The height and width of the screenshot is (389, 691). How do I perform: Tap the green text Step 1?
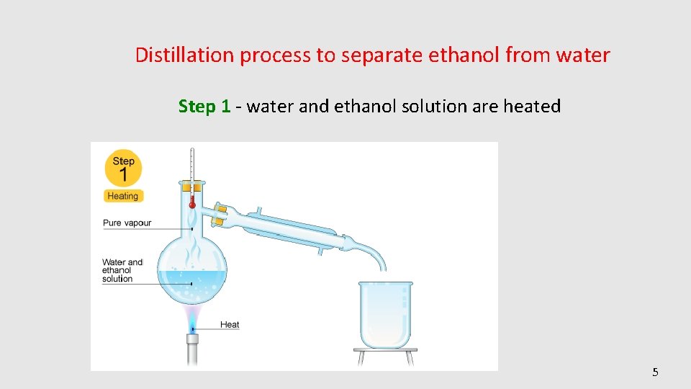[204, 107]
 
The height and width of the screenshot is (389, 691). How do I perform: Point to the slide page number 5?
[655, 372]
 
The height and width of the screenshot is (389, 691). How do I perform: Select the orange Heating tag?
[123, 196]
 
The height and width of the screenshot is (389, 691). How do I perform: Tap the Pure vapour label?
[127, 223]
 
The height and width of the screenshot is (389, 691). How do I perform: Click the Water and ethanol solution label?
[123, 271]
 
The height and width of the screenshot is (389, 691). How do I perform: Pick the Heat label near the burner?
[230, 325]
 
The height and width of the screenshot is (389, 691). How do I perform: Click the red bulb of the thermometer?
[192, 205]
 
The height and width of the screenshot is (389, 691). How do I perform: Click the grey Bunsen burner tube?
[192, 352]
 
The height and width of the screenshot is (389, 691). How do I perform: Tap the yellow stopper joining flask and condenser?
[221, 211]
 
